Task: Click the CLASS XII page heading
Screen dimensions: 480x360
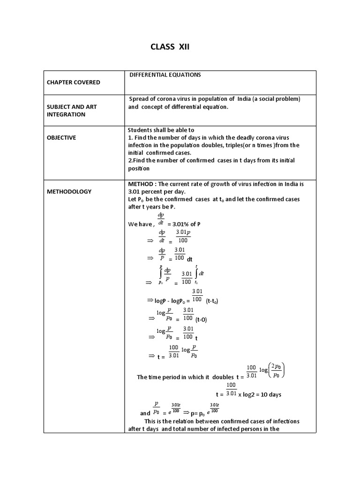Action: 170,47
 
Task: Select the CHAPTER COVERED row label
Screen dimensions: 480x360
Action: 73,82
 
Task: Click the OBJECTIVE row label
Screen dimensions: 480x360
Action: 61,138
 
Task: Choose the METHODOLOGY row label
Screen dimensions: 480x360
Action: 69,192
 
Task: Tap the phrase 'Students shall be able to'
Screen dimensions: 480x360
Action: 161,130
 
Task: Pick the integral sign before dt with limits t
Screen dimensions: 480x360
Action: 196,274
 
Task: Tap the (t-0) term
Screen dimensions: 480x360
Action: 201,320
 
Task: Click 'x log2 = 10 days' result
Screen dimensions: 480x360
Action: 260,395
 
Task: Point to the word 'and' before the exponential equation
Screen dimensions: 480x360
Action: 145,413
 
